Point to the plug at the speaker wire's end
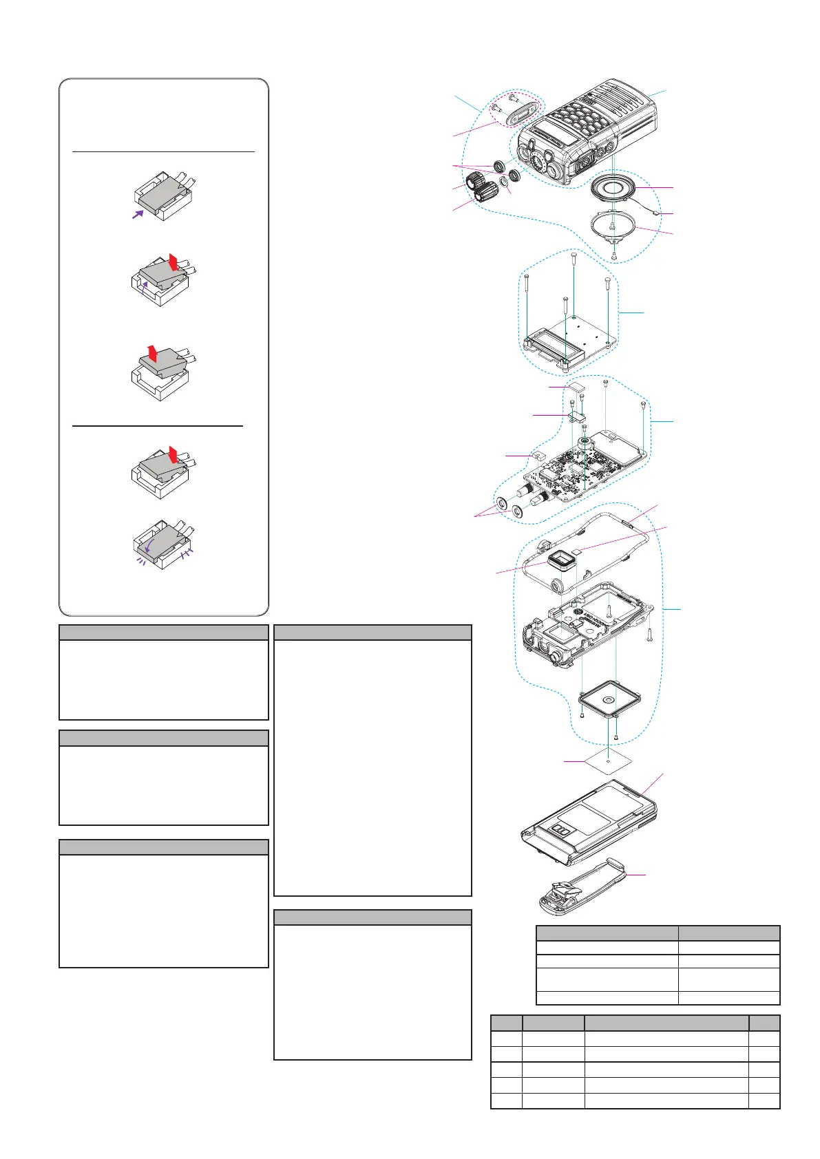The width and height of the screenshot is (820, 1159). pyautogui.click(x=657, y=214)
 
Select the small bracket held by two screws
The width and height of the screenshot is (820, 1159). pyautogui.click(x=577, y=414)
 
